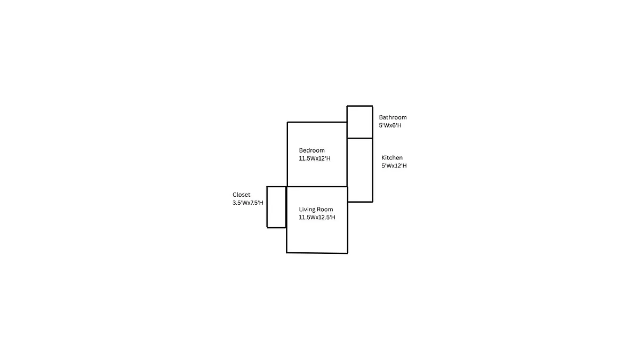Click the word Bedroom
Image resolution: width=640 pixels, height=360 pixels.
311,150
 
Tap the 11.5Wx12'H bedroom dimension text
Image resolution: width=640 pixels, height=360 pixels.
315,158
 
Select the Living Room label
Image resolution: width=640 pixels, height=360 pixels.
316,209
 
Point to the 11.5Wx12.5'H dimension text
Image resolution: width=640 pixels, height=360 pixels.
317,217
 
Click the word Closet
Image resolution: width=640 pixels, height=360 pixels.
241,195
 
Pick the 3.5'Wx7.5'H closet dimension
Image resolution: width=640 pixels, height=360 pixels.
247,203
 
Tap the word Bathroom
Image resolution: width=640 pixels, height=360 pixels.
393,117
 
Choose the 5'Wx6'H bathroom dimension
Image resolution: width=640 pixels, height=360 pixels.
390,125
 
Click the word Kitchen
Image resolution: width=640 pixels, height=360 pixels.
392,157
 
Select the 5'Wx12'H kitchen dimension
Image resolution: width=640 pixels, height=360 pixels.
394,165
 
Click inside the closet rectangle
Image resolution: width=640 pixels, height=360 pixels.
276,207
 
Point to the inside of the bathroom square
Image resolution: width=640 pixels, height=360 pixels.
359,122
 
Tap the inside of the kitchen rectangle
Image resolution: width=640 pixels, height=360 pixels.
360,170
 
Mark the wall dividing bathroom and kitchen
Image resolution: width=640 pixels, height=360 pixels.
359,138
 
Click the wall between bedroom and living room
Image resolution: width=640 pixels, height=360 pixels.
317,187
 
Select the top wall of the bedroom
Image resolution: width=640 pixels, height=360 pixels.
317,122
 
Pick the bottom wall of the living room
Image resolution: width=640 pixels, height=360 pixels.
317,253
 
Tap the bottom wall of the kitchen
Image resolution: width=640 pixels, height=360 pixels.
361,202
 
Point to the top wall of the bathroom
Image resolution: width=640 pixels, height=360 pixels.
359,106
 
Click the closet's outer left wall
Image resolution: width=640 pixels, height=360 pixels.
267,207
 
